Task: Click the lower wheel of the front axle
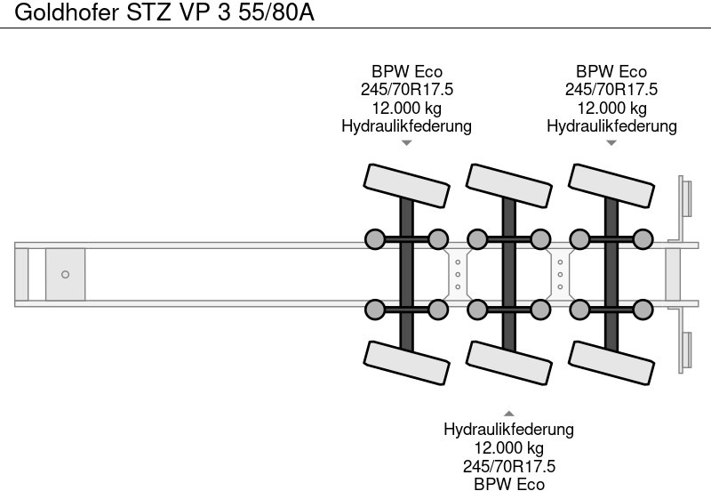(406, 363)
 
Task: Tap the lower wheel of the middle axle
(508, 363)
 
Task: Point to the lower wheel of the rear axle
(611, 363)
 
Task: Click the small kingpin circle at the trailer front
(65, 274)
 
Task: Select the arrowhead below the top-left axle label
(406, 142)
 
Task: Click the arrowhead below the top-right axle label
(611, 142)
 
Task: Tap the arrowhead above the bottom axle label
(508, 414)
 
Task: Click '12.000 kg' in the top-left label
(406, 108)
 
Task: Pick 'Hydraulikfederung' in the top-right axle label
(611, 126)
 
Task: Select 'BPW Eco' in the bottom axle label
(508, 483)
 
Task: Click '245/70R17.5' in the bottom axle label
(508, 465)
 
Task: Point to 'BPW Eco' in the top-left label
(406, 72)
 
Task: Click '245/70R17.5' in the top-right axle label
(611, 90)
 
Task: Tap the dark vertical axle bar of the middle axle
(508, 274)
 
